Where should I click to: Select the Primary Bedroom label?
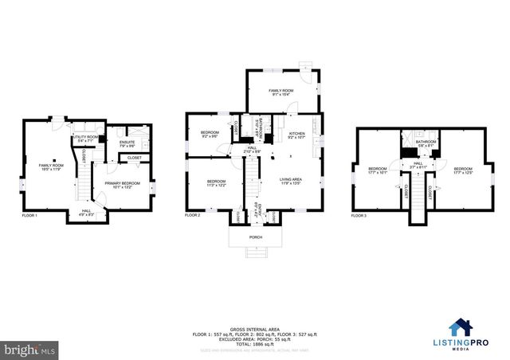(x=122, y=185)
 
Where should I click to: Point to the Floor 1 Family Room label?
(x=51, y=167)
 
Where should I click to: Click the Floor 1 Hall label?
(x=86, y=213)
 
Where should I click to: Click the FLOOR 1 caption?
(x=29, y=216)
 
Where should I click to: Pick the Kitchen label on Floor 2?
(x=296, y=135)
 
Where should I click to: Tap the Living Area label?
(x=290, y=182)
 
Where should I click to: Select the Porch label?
(x=256, y=237)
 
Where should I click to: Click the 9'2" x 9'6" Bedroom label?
(x=210, y=134)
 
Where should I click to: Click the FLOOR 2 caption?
(x=193, y=216)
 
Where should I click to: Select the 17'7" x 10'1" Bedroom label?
(x=377, y=170)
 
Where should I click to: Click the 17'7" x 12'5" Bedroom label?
(x=464, y=170)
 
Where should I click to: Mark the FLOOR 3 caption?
(x=359, y=216)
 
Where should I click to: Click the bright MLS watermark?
(x=30, y=349)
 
